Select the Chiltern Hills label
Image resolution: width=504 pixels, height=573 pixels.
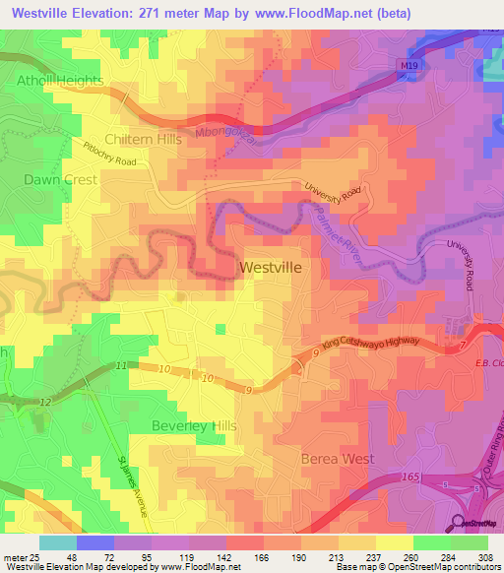[x=143, y=140]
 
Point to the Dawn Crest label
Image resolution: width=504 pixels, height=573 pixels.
[x=60, y=180]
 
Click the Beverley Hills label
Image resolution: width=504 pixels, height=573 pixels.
[x=194, y=425]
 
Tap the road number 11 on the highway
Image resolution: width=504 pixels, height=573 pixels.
[x=120, y=365]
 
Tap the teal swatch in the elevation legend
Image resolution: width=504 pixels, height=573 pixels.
[x=58, y=541]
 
